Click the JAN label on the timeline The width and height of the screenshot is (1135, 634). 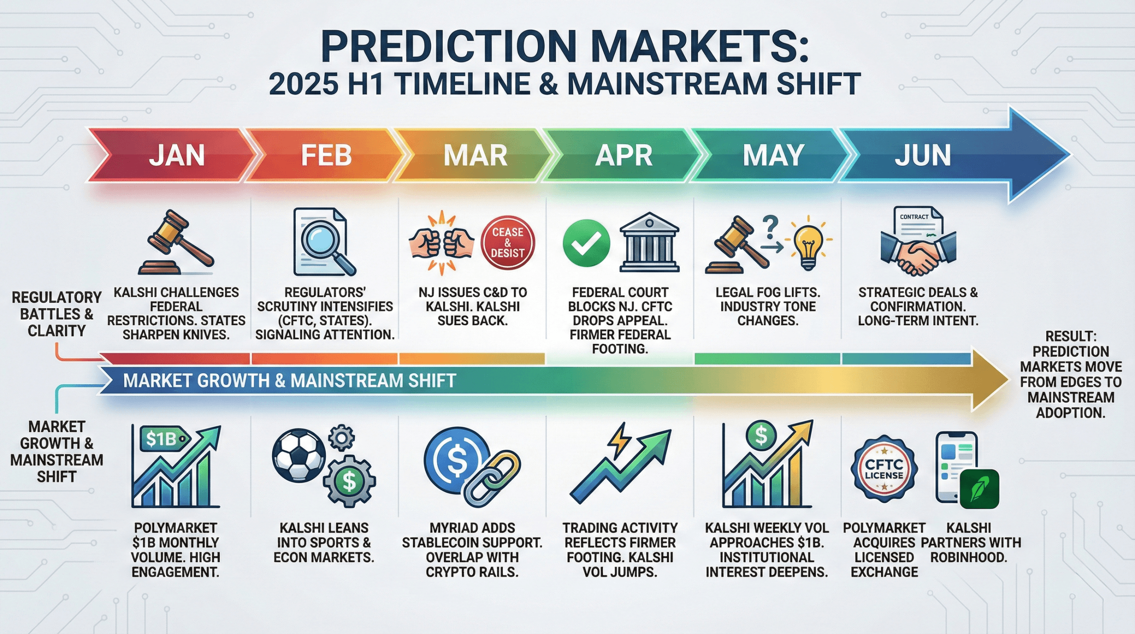coord(177,155)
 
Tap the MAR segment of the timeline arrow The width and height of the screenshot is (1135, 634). coord(475,155)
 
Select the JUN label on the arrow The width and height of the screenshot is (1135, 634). coord(922,155)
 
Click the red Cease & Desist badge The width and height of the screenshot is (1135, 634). coord(508,243)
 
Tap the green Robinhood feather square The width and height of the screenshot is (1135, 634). coord(979,489)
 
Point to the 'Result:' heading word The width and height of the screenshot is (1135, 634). coord(1070,336)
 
